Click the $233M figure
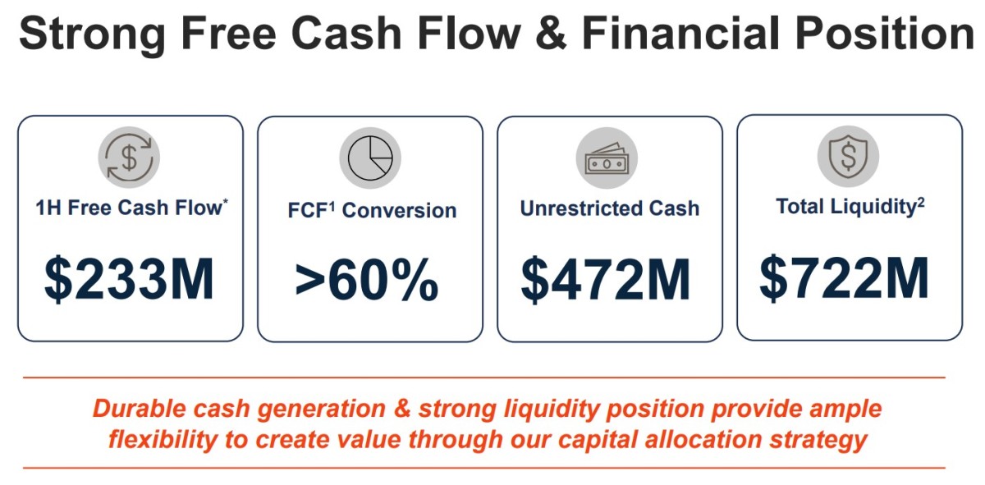point(130,279)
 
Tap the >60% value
point(367,280)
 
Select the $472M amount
point(606,280)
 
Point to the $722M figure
point(845,278)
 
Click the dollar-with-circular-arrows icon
point(129,158)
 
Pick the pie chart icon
point(370,158)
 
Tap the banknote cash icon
point(607,158)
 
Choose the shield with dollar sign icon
point(848,156)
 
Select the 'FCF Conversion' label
point(372,210)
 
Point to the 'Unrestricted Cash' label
point(609,208)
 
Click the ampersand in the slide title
point(551,33)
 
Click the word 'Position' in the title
point(885,33)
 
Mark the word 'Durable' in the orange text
point(139,409)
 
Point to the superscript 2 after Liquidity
point(921,201)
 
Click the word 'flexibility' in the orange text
point(163,440)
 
